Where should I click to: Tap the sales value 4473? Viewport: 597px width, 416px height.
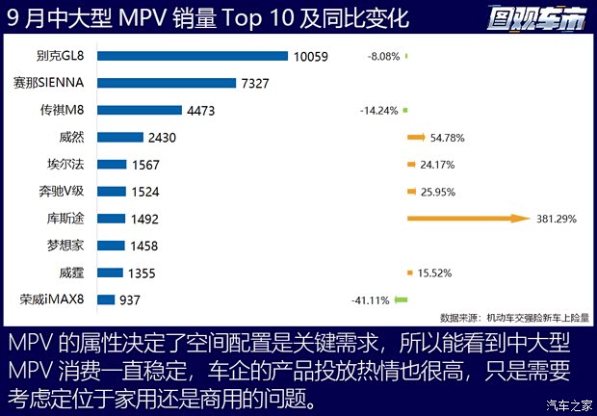pos(201,111)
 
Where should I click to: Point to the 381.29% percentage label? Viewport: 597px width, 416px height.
pos(558,220)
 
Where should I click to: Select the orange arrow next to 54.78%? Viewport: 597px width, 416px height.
pos(417,138)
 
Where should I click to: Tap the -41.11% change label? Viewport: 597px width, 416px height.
pos(371,300)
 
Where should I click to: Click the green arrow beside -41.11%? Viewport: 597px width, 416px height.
pos(402,300)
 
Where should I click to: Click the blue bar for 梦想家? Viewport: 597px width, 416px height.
pos(112,247)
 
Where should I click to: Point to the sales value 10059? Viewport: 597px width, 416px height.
pos(312,57)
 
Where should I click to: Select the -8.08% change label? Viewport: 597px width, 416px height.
pos(383,57)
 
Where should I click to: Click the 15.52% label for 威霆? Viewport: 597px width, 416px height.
pos(436,273)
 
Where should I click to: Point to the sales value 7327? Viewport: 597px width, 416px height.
pos(262,84)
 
